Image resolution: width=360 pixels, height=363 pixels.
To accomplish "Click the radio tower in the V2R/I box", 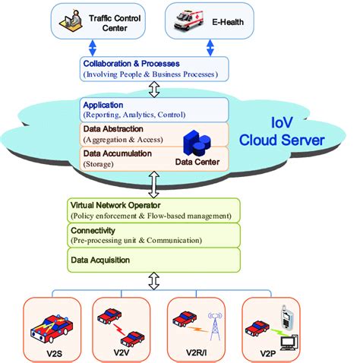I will (215, 323).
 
